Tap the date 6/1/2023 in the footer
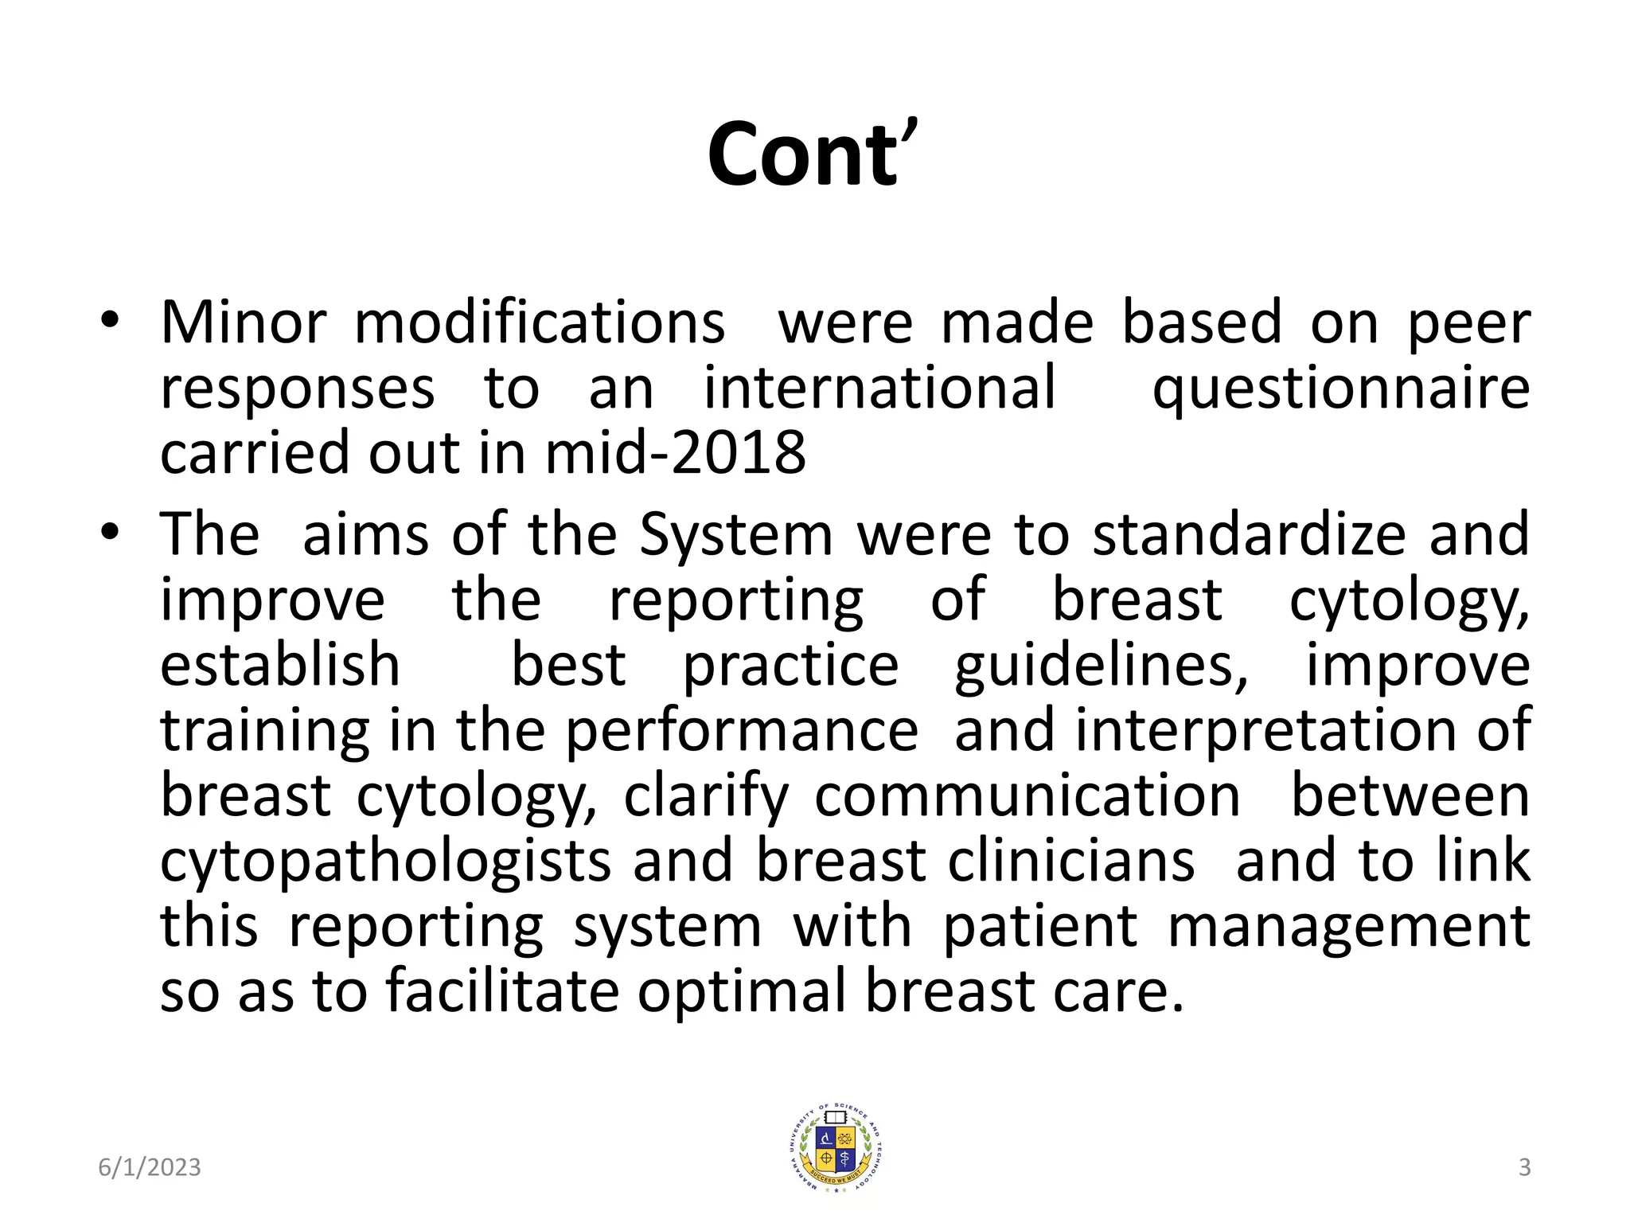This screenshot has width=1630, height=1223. (x=150, y=1167)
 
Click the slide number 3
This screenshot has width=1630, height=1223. (x=1524, y=1167)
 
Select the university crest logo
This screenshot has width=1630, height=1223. (x=834, y=1147)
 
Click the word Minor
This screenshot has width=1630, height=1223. (x=244, y=322)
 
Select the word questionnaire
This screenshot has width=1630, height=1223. (x=1341, y=389)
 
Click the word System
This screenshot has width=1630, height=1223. (x=735, y=534)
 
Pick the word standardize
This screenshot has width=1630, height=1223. (x=1249, y=534)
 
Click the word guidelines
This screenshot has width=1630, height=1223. (x=1102, y=666)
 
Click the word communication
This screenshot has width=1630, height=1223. (x=1027, y=796)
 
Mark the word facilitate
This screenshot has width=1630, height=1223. (x=502, y=992)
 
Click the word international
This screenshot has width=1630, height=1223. (x=879, y=388)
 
